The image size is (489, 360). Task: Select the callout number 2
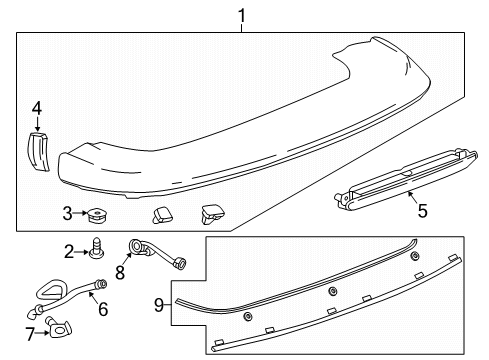point(69,251)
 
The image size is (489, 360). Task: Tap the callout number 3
point(67,213)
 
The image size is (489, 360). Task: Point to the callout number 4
point(36,108)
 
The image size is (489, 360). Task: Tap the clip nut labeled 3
point(98,213)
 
